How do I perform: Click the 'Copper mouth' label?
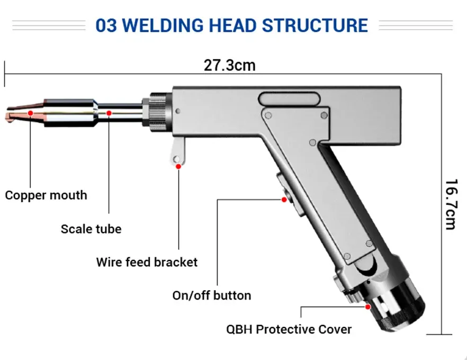[x=46, y=195]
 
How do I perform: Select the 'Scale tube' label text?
[x=91, y=229]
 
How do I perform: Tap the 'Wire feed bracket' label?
[x=147, y=262]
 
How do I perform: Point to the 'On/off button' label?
[x=212, y=295]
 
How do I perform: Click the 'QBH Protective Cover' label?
[x=289, y=329]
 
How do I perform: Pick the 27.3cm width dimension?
[x=229, y=65]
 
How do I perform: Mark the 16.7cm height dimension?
[x=451, y=204]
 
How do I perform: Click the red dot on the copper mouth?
[x=31, y=113]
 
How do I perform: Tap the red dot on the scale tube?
[x=109, y=113]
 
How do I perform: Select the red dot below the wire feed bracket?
[x=178, y=166]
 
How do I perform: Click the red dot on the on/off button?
[x=284, y=200]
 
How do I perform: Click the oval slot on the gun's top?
[x=289, y=99]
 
